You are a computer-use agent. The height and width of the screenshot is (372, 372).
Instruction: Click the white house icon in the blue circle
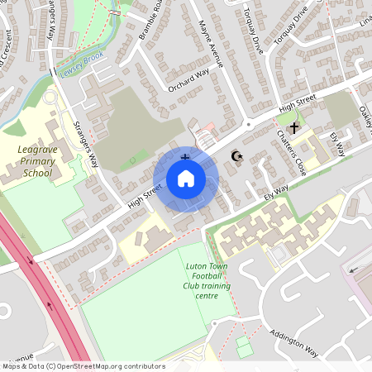point(185,179)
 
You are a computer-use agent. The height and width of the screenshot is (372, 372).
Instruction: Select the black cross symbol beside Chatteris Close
point(293,128)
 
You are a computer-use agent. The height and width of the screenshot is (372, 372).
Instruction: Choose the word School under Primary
point(38,174)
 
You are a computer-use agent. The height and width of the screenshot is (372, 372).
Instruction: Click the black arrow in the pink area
point(355,269)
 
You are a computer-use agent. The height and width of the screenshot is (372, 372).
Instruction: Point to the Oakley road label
point(365,120)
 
